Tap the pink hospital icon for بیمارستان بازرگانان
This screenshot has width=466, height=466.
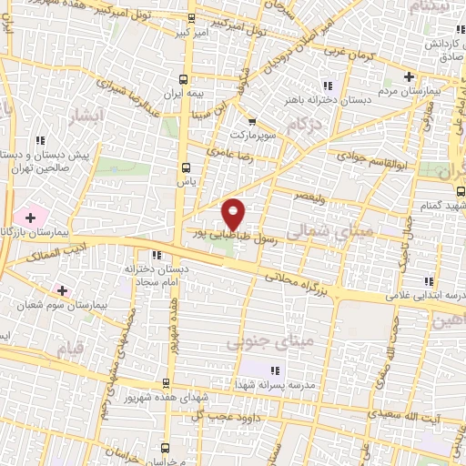pyautogui.click(x=31, y=218)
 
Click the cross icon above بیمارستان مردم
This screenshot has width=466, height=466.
pyautogui.click(x=409, y=76)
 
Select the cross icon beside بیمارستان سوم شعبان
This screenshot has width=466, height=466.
pyautogui.click(x=62, y=290)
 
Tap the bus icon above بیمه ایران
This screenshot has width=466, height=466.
pyautogui.click(x=186, y=79)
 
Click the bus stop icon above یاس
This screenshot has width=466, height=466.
pyautogui.click(x=186, y=167)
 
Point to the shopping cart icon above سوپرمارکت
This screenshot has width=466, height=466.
pyautogui.click(x=252, y=121)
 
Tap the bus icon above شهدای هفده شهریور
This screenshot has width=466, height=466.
pyautogui.click(x=165, y=384)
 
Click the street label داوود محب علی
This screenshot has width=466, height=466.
pyautogui.click(x=213, y=416)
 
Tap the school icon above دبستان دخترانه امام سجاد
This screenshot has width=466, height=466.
pyautogui.click(x=157, y=256)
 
